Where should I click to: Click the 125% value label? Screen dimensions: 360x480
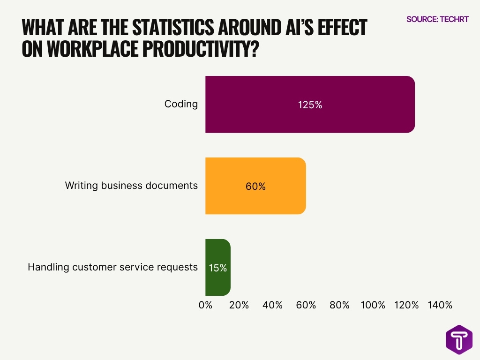pos(310,105)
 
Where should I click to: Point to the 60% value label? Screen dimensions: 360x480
pos(255,187)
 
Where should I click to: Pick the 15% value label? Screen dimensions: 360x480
pos(218,268)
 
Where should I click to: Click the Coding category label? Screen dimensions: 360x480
pos(181,104)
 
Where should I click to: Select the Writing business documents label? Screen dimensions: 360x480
pos(131,186)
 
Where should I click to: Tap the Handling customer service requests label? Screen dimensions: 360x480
pos(112,267)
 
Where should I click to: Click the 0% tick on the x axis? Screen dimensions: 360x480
pos(205,305)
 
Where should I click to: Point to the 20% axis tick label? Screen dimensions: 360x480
pos(239,305)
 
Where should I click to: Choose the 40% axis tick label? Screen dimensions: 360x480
pos(272,305)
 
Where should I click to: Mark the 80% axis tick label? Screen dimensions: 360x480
pos(339,305)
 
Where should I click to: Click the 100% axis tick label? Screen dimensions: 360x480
pos(373,305)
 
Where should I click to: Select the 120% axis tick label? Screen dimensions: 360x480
pos(406,305)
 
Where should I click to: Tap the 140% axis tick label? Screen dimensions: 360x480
pos(440,305)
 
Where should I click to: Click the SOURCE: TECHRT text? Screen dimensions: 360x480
pos(437,19)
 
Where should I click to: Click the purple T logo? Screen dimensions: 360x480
pos(459,339)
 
